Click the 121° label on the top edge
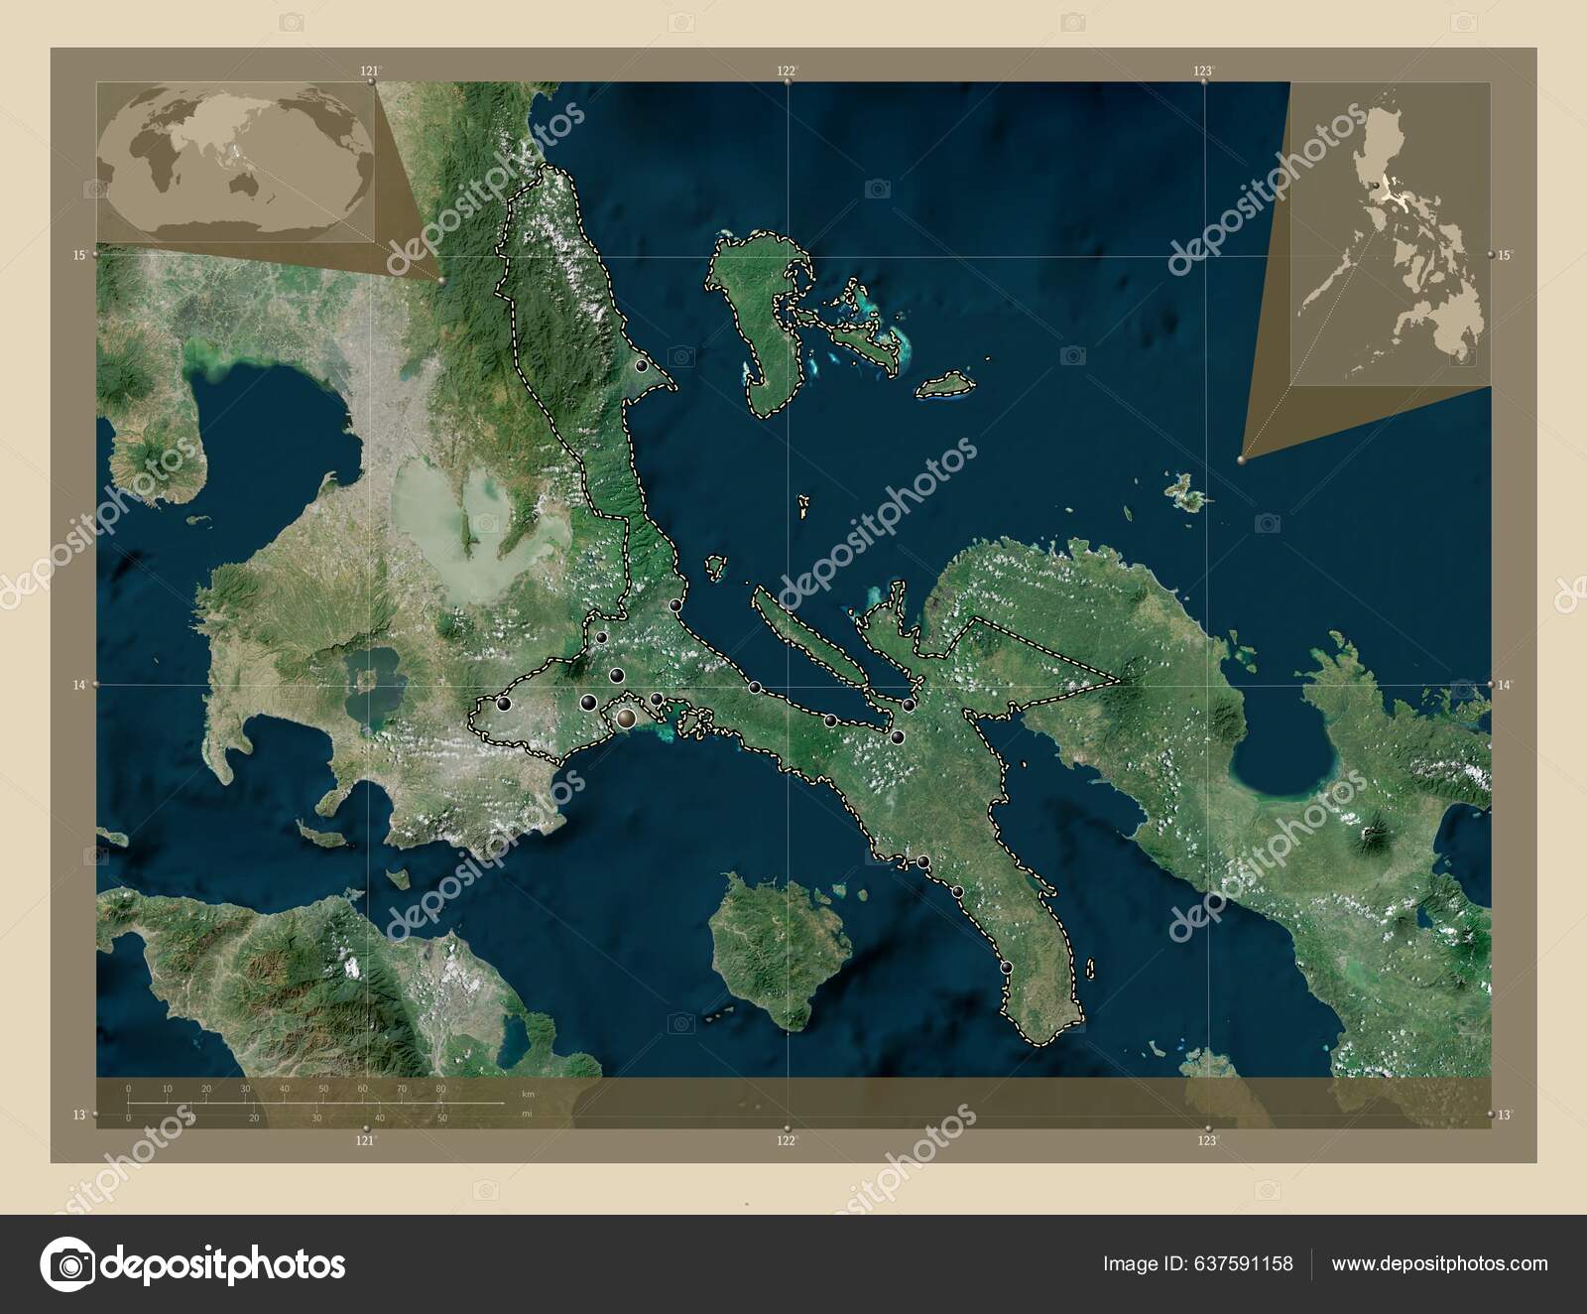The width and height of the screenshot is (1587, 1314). (370, 70)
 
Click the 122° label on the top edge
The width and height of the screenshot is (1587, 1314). (787, 70)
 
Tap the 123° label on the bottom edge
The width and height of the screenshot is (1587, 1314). (1206, 1141)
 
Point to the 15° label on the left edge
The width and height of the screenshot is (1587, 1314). (78, 255)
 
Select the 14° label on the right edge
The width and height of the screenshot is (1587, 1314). (1505, 685)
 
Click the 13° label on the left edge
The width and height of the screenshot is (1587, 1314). (78, 1115)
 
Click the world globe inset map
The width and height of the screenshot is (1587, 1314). (236, 161)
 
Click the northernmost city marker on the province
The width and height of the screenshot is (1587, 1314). (642, 366)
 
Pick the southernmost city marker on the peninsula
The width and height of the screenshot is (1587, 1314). (1007, 967)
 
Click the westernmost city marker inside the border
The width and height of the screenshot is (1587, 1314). (505, 704)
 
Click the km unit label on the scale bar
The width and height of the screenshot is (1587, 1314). (528, 1093)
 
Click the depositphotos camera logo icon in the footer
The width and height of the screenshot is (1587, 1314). (66, 1264)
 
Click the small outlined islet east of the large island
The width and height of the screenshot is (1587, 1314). (945, 387)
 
